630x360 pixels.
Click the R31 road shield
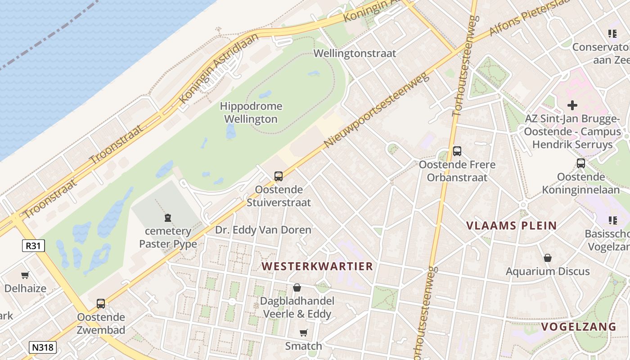coord(33,246)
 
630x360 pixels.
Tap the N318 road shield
coord(43,347)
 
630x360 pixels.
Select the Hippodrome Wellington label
coord(251,112)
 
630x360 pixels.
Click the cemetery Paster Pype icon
coord(168,218)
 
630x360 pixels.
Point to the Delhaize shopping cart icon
coord(25,275)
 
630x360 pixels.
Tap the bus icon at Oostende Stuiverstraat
coord(278,176)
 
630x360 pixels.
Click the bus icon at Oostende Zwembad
coord(101,304)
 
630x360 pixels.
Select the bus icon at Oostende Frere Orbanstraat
coord(457,151)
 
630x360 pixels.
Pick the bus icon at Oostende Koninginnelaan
coord(580,163)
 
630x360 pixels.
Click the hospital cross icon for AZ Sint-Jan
coord(572,105)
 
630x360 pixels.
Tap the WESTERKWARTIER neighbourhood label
coord(317,266)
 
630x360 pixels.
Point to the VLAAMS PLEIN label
coord(511,225)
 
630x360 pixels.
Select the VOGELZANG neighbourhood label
coord(578,327)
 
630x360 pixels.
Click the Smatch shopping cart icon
coord(303,333)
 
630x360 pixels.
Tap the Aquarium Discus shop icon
coord(547,258)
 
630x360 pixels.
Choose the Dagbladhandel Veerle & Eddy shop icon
coord(297,288)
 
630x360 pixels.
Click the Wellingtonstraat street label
coord(355,53)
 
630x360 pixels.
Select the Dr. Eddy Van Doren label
coord(263,230)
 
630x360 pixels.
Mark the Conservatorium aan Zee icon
coord(612,33)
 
